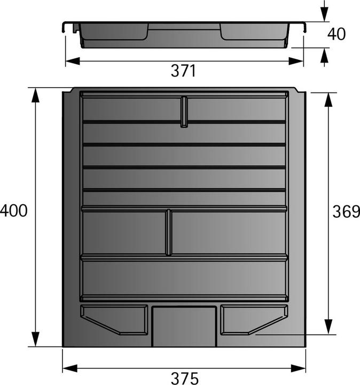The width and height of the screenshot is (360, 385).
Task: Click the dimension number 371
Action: pyautogui.click(x=183, y=71)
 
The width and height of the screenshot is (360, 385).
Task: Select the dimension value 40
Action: pyautogui.click(x=336, y=34)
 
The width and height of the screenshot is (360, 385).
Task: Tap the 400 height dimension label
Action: pyautogui.click(x=13, y=211)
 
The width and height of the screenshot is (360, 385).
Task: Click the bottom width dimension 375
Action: pyautogui.click(x=184, y=378)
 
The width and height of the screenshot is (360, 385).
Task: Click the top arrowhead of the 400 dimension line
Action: pyautogui.click(x=35, y=94)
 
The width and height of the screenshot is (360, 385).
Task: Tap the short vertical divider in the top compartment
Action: pyautogui.click(x=184, y=112)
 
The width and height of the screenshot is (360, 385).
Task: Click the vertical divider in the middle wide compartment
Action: pyautogui.click(x=169, y=232)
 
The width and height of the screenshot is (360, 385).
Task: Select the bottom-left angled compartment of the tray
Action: pyautogui.click(x=115, y=319)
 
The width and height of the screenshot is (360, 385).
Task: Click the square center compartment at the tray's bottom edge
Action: pyautogui.click(x=184, y=326)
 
